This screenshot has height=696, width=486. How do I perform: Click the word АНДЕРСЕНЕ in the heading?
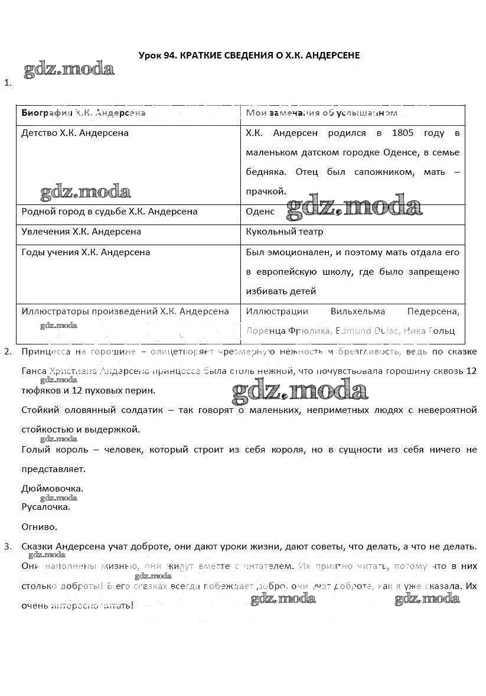point(331,55)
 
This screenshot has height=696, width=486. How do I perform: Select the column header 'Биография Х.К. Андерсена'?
point(83,113)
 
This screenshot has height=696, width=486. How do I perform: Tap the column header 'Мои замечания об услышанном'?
point(321,113)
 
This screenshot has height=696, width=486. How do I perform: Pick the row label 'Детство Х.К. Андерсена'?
point(75,133)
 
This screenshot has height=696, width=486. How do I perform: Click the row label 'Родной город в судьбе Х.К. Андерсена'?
point(109,212)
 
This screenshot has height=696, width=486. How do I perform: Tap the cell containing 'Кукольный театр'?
point(285,232)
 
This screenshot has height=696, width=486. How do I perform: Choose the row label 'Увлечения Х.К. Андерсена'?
point(81,232)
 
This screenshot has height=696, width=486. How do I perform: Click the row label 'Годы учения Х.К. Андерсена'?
point(86,252)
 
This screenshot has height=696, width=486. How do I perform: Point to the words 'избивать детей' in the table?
point(281,291)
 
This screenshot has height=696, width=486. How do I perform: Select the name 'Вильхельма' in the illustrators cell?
point(357,311)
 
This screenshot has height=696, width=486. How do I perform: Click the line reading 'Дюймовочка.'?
point(52,489)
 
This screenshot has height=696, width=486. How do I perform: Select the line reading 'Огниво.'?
point(39,526)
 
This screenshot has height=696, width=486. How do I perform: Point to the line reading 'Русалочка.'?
point(45,506)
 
